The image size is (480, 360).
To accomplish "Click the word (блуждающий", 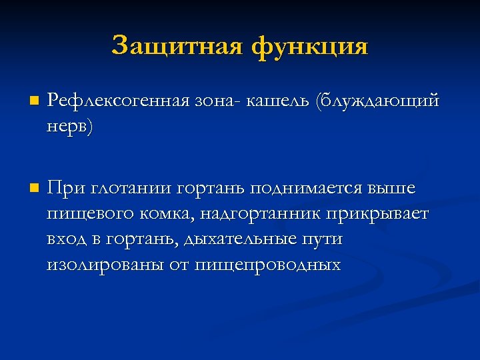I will click(x=379, y=101).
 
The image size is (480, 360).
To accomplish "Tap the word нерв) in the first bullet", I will click(x=70, y=126).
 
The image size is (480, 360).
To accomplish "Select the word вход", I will click(x=65, y=239).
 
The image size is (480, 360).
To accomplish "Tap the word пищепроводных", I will click(x=267, y=265).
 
